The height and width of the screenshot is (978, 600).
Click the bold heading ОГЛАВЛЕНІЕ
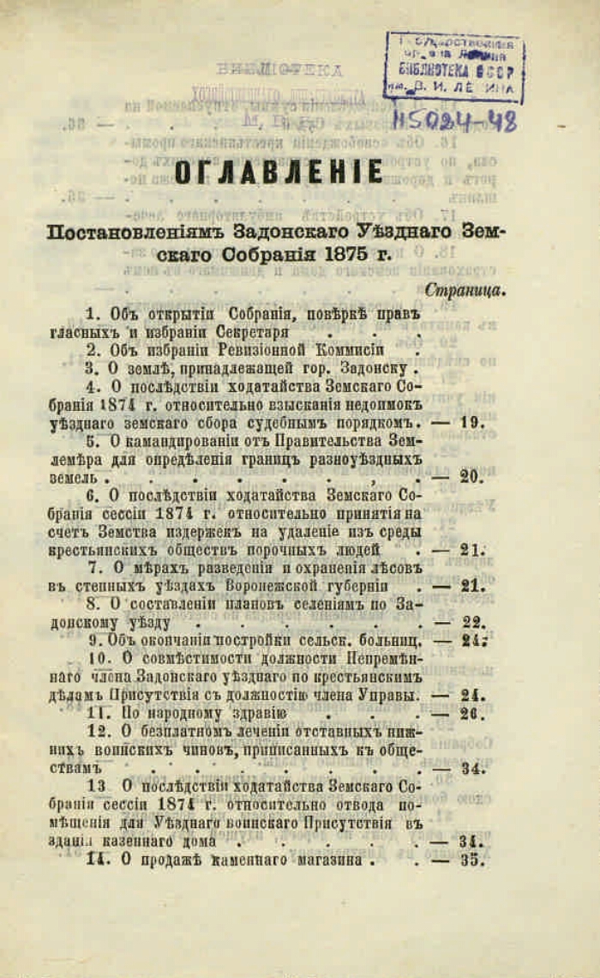coord(279,172)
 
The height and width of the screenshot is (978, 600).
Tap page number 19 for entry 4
coord(472,422)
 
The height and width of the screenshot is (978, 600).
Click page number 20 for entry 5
coord(471,477)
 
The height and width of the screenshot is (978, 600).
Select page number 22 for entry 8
coord(472,623)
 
